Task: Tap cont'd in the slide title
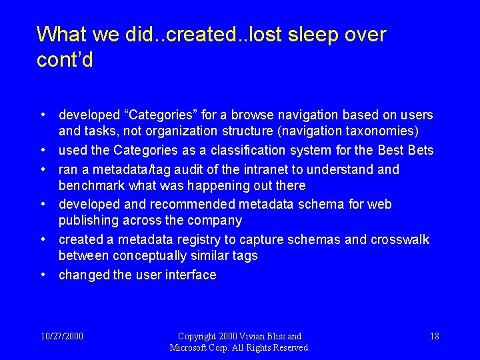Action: pos(65,61)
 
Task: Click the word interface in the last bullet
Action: pos(190,275)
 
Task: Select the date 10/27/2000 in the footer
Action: pos(61,336)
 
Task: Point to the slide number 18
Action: pos(434,336)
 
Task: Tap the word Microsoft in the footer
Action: pos(191,347)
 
